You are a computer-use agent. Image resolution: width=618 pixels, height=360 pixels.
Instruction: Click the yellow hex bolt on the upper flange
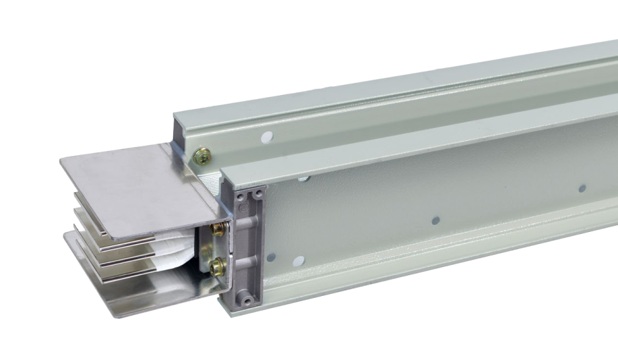[x=201, y=156]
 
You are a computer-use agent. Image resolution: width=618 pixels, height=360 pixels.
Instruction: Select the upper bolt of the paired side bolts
[x=218, y=230]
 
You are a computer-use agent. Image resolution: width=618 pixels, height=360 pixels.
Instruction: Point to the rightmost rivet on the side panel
[x=582, y=188]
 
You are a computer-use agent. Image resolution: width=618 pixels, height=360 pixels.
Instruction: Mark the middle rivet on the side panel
[x=435, y=220]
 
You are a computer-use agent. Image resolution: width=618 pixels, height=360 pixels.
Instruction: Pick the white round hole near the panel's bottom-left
[x=271, y=257]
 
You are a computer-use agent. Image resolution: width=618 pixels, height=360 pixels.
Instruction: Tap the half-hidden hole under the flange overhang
[x=305, y=178]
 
